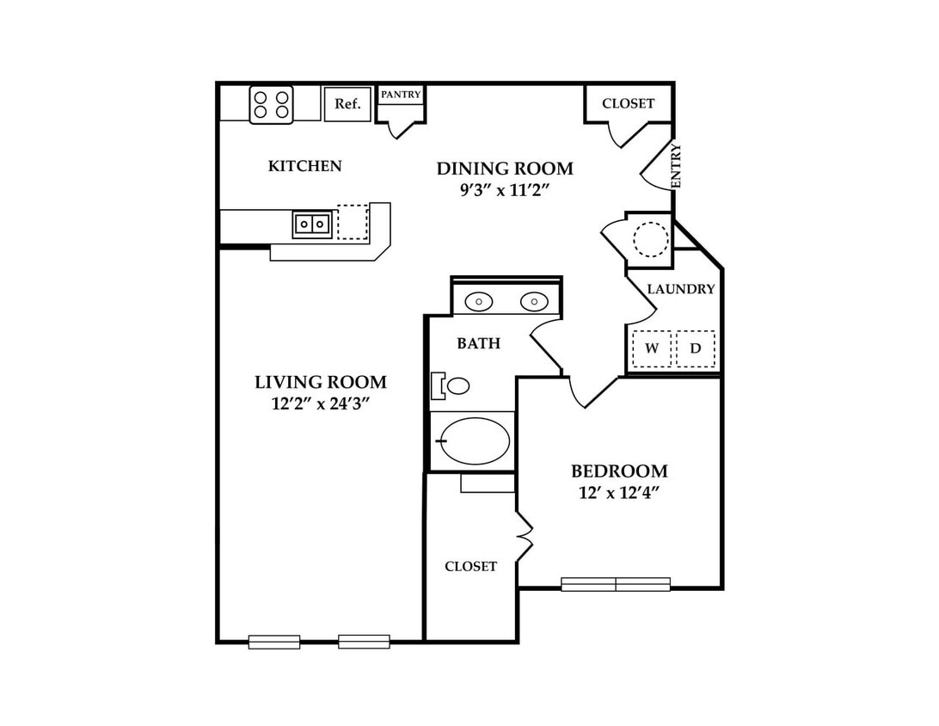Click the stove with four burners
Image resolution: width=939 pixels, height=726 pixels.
[x=271, y=105]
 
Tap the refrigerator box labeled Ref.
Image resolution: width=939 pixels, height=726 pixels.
[x=347, y=104]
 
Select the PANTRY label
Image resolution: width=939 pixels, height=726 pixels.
[x=401, y=95]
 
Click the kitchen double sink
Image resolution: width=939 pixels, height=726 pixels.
[x=312, y=225]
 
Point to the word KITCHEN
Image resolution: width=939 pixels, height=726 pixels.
[x=304, y=166]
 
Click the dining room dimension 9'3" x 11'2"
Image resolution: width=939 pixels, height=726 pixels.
[x=505, y=190]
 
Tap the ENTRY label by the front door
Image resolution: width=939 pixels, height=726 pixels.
[x=676, y=165]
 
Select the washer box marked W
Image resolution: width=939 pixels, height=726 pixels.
[x=652, y=348]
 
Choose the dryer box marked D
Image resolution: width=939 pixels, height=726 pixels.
[x=696, y=348]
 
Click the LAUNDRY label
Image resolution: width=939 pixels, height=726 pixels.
[x=681, y=289]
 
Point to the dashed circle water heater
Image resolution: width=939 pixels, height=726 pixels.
[x=650, y=240]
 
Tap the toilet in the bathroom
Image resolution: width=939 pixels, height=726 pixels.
[x=451, y=386]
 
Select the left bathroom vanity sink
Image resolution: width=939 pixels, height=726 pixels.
[x=479, y=302]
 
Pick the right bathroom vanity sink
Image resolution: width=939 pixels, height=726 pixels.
[x=534, y=302]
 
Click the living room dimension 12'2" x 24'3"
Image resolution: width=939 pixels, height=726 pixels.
[x=320, y=403]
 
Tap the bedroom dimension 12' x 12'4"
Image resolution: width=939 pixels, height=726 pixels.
[x=619, y=493]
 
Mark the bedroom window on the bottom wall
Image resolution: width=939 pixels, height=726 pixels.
[x=616, y=584]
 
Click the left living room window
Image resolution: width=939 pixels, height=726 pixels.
[x=274, y=642]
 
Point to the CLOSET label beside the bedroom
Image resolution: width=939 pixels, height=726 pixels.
[x=470, y=567]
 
